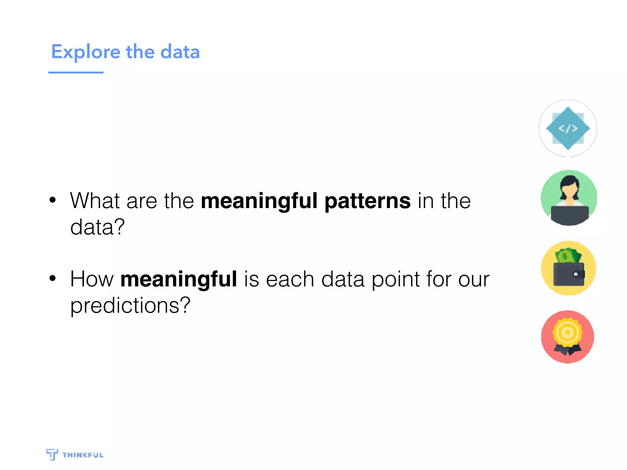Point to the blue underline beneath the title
click(76, 73)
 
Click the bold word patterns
click(367, 201)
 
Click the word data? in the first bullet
click(97, 227)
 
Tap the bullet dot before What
click(53, 200)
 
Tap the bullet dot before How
click(53, 278)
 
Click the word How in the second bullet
click(92, 279)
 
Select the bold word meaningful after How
click(179, 280)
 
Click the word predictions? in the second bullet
click(130, 305)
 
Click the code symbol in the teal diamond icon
click(568, 129)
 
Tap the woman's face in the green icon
click(569, 190)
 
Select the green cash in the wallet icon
click(568, 256)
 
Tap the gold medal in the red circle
click(567, 333)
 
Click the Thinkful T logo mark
click(52, 454)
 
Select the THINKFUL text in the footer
click(83, 455)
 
